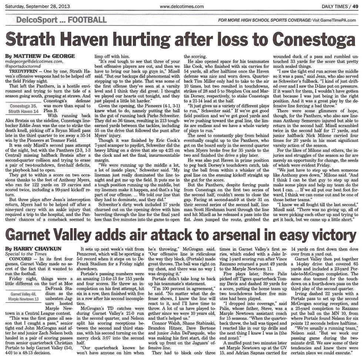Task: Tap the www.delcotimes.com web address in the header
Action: click(181, 6)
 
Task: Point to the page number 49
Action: click(355, 6)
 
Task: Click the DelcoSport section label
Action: click(36, 20)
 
